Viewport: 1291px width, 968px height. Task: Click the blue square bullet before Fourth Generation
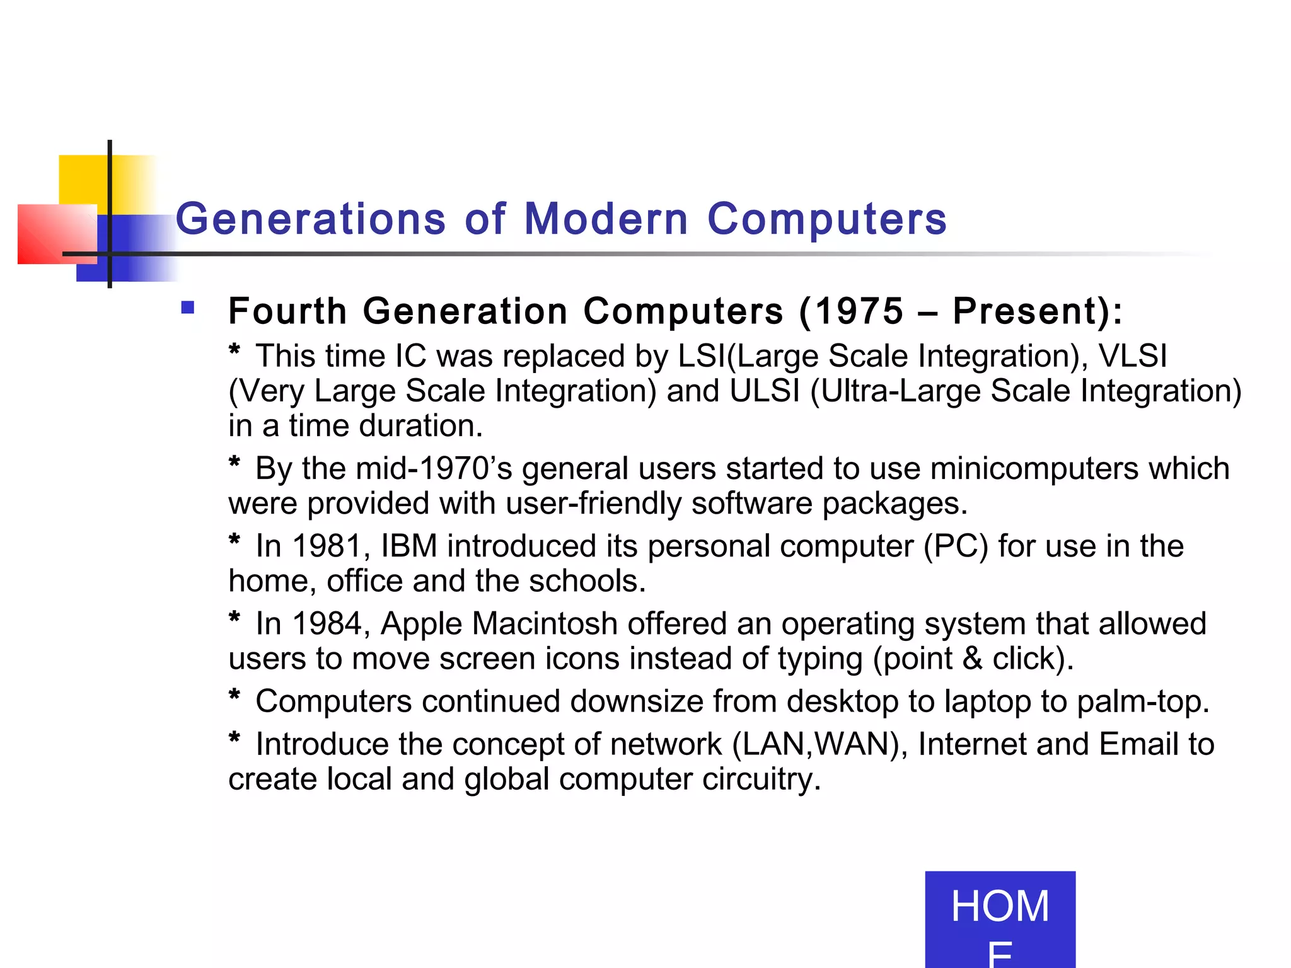[x=187, y=308]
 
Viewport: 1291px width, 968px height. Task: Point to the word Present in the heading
[x=1030, y=311]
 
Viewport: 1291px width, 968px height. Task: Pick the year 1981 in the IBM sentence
[x=330, y=546]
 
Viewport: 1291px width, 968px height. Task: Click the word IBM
[x=409, y=546]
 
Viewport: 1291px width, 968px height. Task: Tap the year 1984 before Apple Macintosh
[x=330, y=623]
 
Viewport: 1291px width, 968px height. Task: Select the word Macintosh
[x=544, y=623]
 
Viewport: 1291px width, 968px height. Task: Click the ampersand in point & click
[x=973, y=659]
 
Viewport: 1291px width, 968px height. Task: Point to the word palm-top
[x=1142, y=701]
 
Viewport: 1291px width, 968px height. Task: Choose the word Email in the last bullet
[x=1138, y=744]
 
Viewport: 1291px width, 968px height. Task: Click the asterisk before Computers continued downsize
[x=234, y=696]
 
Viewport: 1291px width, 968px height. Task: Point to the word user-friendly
[x=594, y=504]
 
